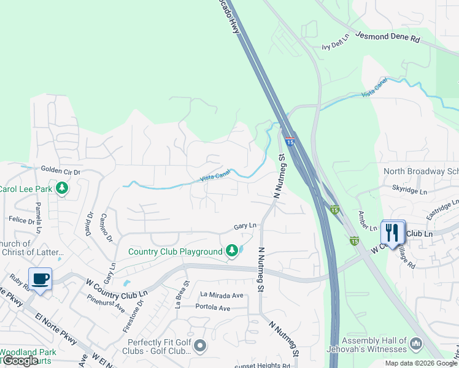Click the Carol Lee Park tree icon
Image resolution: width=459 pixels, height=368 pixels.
(x=61, y=188)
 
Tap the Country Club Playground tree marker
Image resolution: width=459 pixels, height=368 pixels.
(x=231, y=251)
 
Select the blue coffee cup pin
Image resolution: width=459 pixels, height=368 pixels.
(x=40, y=280)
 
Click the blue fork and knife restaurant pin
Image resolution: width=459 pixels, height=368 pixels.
(x=393, y=232)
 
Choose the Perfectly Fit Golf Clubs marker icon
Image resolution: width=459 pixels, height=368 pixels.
(x=199, y=347)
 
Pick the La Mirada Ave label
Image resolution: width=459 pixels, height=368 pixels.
(x=222, y=295)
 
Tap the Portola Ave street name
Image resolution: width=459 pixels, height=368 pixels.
(x=212, y=307)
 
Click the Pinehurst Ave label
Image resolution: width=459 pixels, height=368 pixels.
(x=106, y=302)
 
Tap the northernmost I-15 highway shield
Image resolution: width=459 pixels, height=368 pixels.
(x=290, y=142)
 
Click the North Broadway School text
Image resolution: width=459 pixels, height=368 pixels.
(x=421, y=172)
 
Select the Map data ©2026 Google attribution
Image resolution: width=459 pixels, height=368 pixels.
(x=422, y=363)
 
